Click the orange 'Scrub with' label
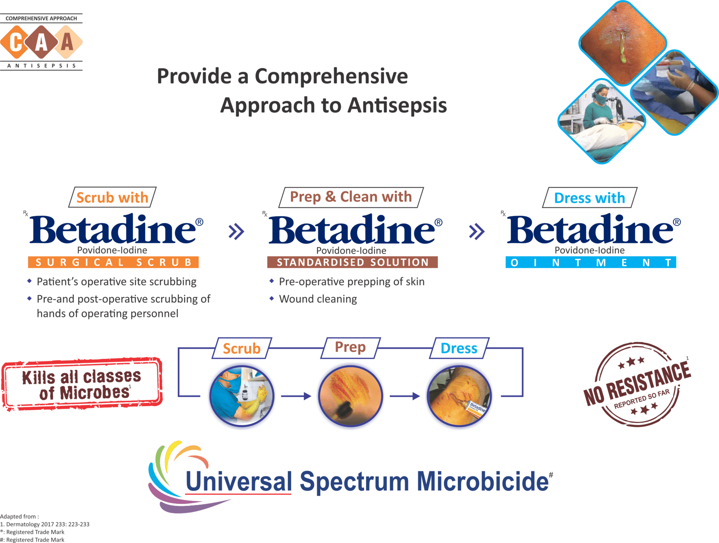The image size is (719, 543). click(112, 197)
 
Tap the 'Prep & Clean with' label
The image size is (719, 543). click(351, 197)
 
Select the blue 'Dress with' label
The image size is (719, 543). click(589, 198)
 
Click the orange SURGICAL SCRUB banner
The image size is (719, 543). click(113, 262)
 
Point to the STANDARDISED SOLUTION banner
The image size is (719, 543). click(352, 262)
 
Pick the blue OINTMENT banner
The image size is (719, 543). click(591, 263)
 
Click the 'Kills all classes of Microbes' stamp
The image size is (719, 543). click(82, 384)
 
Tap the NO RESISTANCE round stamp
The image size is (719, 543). click(637, 384)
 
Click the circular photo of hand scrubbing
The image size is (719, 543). click(242, 396)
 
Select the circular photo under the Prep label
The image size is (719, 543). click(350, 396)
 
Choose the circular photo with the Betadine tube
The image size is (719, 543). click(459, 396)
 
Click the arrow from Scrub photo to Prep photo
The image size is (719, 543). click(296, 396)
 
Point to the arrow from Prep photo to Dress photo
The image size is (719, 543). click(405, 396)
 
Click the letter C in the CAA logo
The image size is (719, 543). click(16, 42)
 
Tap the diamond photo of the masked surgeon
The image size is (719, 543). click(601, 121)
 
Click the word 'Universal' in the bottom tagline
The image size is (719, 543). click(238, 481)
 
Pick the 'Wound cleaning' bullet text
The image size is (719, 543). click(318, 299)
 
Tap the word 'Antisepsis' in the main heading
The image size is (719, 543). click(397, 105)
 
